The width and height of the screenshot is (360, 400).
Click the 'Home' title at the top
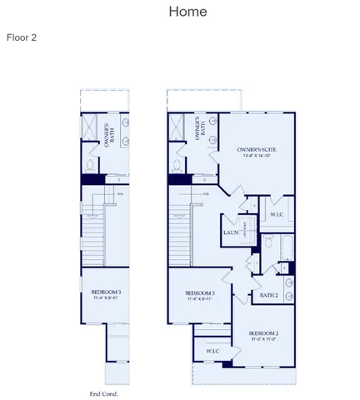[x=187, y=12]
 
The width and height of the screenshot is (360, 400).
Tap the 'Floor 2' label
[x=22, y=37]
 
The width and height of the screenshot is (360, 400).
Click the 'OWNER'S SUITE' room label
[x=256, y=147]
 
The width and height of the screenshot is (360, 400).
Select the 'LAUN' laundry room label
[x=231, y=232]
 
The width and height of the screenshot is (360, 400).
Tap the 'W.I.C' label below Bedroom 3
[x=212, y=351]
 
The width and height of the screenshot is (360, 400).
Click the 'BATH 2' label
[x=268, y=295]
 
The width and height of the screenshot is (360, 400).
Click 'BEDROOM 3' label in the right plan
[x=200, y=293]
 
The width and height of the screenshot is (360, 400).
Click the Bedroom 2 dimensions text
[x=262, y=340]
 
